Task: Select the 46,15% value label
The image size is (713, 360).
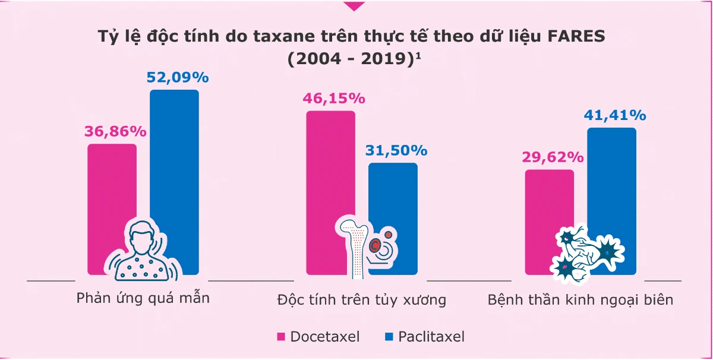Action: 335,99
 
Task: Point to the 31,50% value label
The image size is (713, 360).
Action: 396,151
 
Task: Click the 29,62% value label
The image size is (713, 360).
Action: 553,157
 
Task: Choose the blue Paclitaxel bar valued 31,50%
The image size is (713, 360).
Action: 393,196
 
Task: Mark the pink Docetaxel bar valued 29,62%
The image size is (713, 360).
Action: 550,202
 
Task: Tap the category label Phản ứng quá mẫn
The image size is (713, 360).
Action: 143,298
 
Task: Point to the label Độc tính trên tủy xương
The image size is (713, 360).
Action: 362,299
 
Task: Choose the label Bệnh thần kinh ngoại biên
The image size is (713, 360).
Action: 581,299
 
